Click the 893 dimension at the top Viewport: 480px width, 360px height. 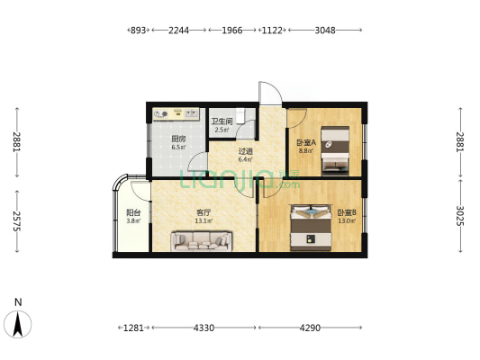click(138, 31)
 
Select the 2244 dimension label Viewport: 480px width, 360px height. click(179, 31)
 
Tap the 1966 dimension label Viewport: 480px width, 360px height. click(232, 31)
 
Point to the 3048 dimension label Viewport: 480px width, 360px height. click(325, 31)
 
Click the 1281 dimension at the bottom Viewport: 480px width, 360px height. click(133, 328)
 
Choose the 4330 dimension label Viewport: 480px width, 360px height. click(204, 328)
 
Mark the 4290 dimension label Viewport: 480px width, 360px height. click(310, 328)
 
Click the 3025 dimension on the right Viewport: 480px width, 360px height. click(460, 216)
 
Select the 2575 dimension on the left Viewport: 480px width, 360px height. click(17, 221)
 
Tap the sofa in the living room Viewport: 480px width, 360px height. click(202, 241)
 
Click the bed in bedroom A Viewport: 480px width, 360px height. click(335, 151)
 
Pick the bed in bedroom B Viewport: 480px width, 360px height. click(311, 228)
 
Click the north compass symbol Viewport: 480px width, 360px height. click(18, 324)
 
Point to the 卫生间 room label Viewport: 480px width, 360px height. click(222, 121)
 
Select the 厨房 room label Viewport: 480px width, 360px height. click(178, 139)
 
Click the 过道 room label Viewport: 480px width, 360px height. click(246, 151)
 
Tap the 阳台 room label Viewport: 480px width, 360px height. click(133, 212)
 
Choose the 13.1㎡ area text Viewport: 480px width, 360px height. click(204, 220)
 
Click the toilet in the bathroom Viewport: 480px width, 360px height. click(241, 115)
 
